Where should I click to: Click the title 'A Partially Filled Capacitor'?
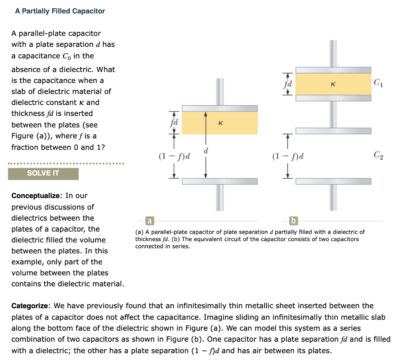click(x=60, y=11)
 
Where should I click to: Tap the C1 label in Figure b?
click(x=378, y=82)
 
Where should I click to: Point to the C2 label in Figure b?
click(x=378, y=156)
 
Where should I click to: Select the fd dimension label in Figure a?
click(x=173, y=122)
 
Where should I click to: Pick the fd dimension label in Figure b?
click(x=288, y=83)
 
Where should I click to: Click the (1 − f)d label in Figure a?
click(x=174, y=157)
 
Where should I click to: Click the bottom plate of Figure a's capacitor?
click(x=220, y=181)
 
